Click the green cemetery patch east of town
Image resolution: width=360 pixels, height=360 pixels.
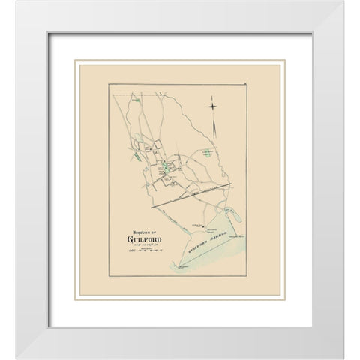[x=204, y=152]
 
